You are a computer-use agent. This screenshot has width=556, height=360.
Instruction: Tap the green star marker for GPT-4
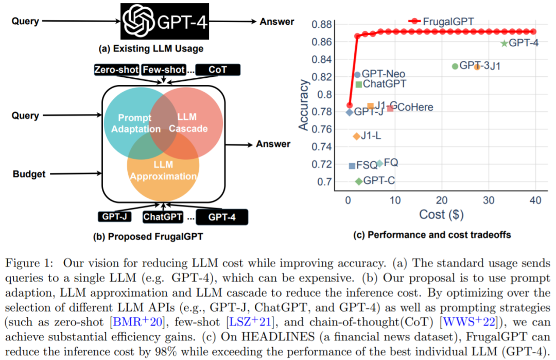[504, 44]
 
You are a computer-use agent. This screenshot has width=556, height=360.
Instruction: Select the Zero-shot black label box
[116, 70]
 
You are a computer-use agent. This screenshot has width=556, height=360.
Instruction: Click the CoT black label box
[217, 70]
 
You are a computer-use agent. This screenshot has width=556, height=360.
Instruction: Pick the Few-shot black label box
[163, 70]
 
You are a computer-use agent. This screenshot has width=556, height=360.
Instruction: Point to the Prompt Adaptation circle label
[132, 124]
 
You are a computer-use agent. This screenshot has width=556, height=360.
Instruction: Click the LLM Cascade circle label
[188, 123]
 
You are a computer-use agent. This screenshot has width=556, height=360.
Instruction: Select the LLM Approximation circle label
[163, 171]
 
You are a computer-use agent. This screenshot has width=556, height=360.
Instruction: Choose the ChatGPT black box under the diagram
[163, 217]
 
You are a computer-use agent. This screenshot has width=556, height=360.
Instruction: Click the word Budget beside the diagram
[29, 174]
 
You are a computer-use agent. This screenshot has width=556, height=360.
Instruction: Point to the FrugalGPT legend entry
[441, 21]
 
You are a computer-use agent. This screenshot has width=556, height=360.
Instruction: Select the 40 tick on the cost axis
[535, 200]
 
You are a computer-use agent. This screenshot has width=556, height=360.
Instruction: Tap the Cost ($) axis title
[441, 214]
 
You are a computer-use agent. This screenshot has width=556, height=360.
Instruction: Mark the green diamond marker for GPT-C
[358, 181]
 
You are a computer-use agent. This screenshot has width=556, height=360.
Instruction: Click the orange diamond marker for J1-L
[356, 136]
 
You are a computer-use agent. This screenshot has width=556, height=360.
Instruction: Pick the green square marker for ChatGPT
[359, 84]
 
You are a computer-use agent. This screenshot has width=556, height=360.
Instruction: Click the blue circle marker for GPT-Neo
[357, 75]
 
